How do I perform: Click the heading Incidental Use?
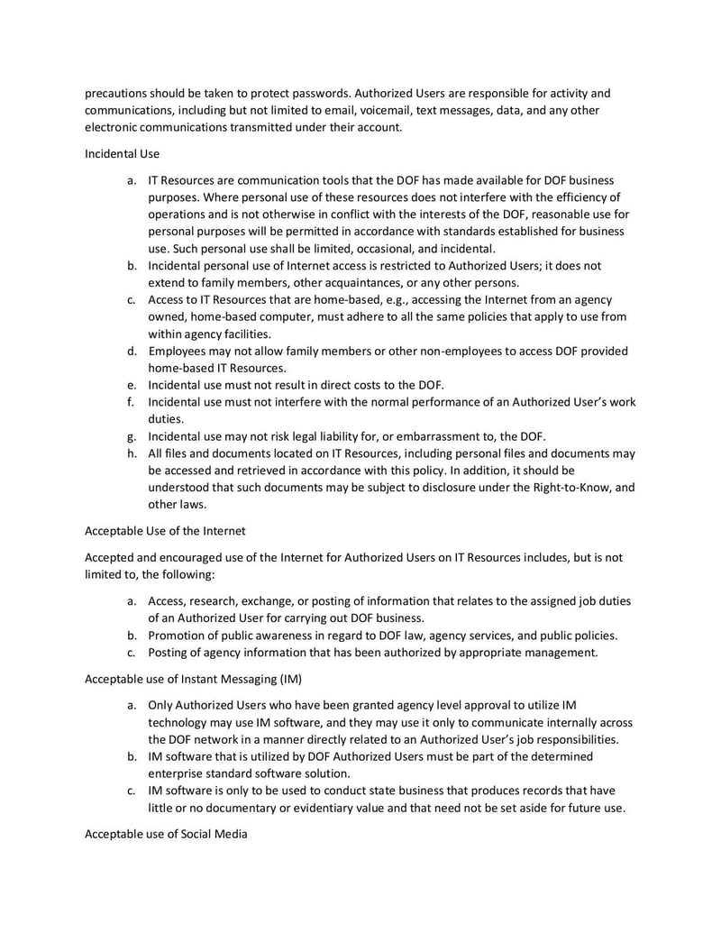pyautogui.click(x=122, y=153)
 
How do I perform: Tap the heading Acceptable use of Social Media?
pyautogui.click(x=165, y=834)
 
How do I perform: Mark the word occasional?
pyautogui.click(x=383, y=248)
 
